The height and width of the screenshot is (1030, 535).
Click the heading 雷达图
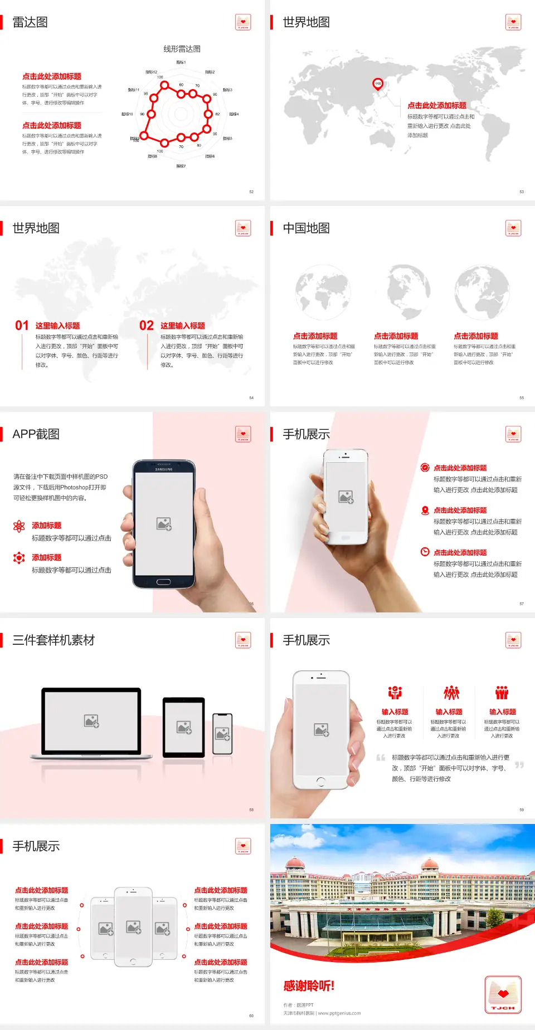pos(30,22)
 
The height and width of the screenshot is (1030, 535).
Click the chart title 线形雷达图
pos(182,49)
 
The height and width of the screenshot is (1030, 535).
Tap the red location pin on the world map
pos(377,84)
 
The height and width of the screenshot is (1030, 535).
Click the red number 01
pos(22,326)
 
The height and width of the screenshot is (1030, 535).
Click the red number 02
pos(147,326)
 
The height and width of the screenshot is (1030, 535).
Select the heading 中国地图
pos(306,228)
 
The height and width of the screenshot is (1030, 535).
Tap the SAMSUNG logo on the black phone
pos(164,469)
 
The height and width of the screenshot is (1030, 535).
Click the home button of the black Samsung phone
pos(163,582)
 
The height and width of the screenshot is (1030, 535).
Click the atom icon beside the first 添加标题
pos(19,526)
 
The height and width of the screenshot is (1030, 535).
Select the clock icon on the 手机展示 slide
pos(425,552)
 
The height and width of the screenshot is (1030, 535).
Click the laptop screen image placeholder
pos(91,721)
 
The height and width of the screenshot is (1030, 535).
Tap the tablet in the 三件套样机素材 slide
pos(184,727)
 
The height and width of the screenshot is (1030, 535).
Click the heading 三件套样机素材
pos(53,640)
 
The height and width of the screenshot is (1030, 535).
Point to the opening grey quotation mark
pos(381,758)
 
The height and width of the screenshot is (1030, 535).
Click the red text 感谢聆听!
pos(309,986)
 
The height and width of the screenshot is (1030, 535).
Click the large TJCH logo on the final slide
pos(503,995)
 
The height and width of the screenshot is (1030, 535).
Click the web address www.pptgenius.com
pos(339,1013)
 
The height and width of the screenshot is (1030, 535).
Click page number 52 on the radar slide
pos(251,192)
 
